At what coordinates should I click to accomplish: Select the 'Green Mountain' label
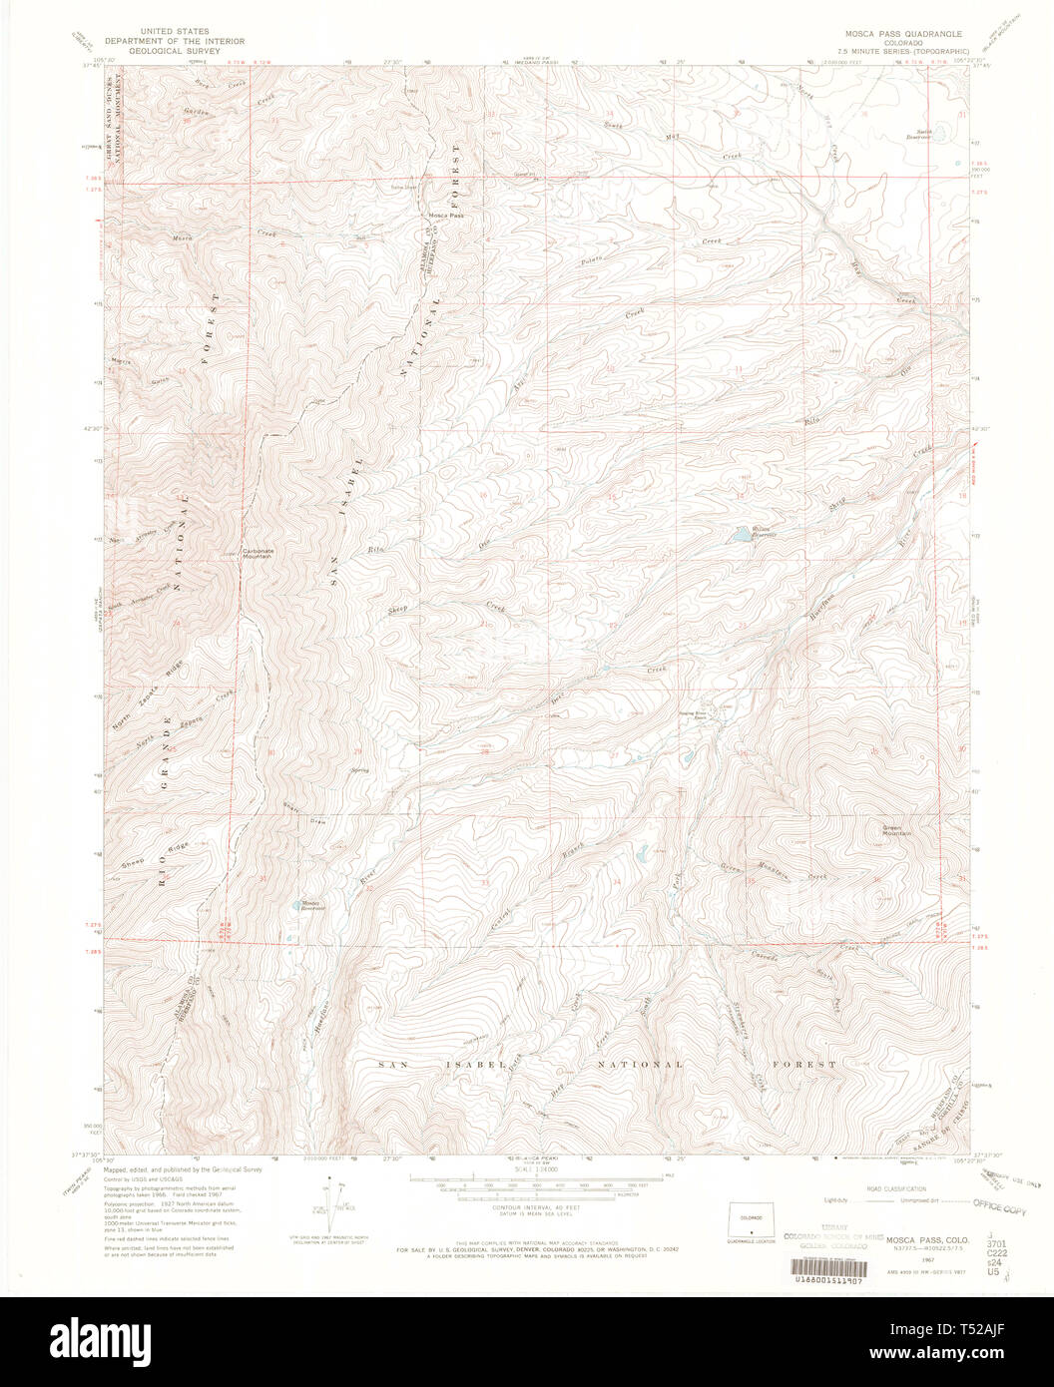click(896, 829)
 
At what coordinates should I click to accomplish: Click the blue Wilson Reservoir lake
click(742, 536)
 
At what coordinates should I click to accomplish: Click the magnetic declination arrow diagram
click(329, 1201)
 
